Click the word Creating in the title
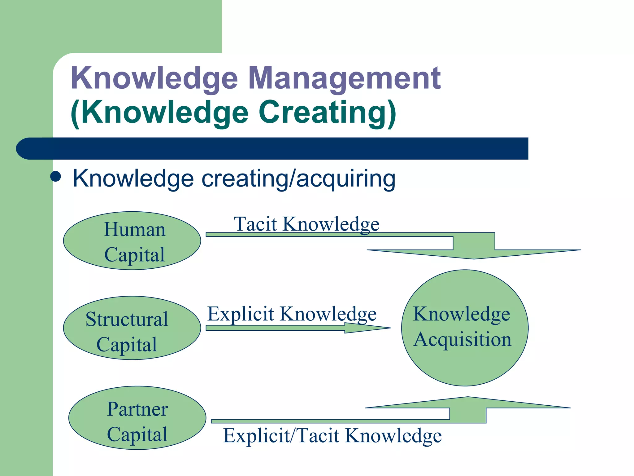pos(322,112)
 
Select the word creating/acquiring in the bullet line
pos(298,179)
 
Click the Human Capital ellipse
pos(132,241)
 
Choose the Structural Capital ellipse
pos(132,328)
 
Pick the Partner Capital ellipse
pos(137,418)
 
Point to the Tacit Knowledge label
pos(306,224)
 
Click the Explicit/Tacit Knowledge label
pos(332,435)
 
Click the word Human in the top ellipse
pos(135,230)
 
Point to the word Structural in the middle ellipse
pos(127,319)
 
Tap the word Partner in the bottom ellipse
pos(137,409)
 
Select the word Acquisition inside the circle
pos(462,339)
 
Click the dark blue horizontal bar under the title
pos(272,148)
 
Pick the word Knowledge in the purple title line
pos(154,78)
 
